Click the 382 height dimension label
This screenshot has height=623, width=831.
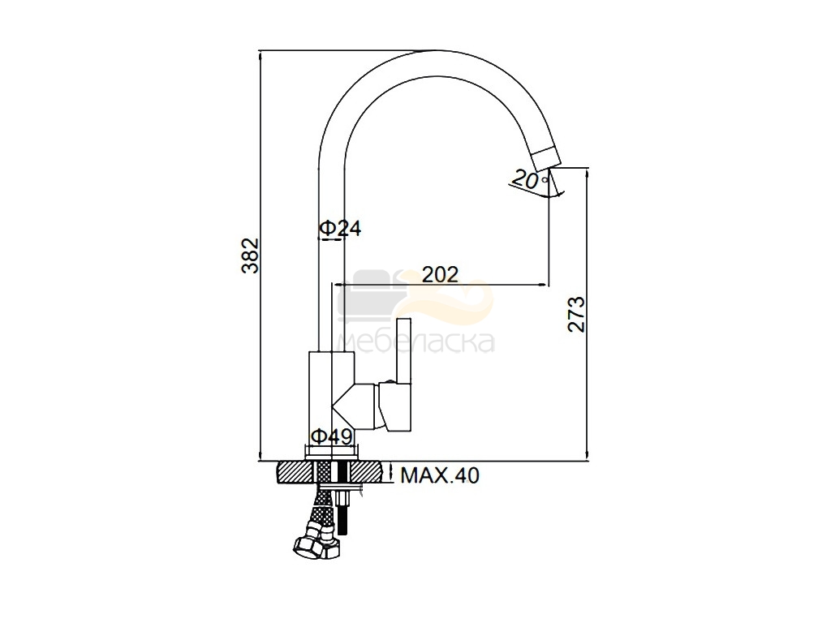250,256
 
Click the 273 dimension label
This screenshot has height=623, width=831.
576,314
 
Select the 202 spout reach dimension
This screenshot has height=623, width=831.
440,274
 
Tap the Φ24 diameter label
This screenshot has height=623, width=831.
340,228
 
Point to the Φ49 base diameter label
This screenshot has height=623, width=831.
332,437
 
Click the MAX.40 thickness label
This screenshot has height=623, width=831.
439,475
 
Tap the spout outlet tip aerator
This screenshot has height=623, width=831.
545,159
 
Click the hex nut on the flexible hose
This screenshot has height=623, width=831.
316,544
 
